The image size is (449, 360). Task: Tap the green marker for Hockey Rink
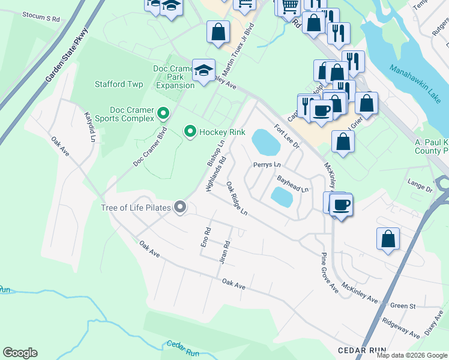pos(190,131)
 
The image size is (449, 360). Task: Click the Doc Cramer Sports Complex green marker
pos(162,113)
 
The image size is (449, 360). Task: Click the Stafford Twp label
pos(119,84)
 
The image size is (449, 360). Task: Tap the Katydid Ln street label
pos(89,127)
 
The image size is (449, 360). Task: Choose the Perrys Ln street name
pos(267,164)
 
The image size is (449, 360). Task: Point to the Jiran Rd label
pos(226,253)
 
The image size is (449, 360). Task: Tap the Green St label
pos(403,306)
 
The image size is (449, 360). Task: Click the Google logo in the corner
pos(20,353)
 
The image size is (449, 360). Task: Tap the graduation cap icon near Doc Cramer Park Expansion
pos(203,70)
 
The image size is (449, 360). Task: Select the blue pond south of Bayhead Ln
pos(282,196)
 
